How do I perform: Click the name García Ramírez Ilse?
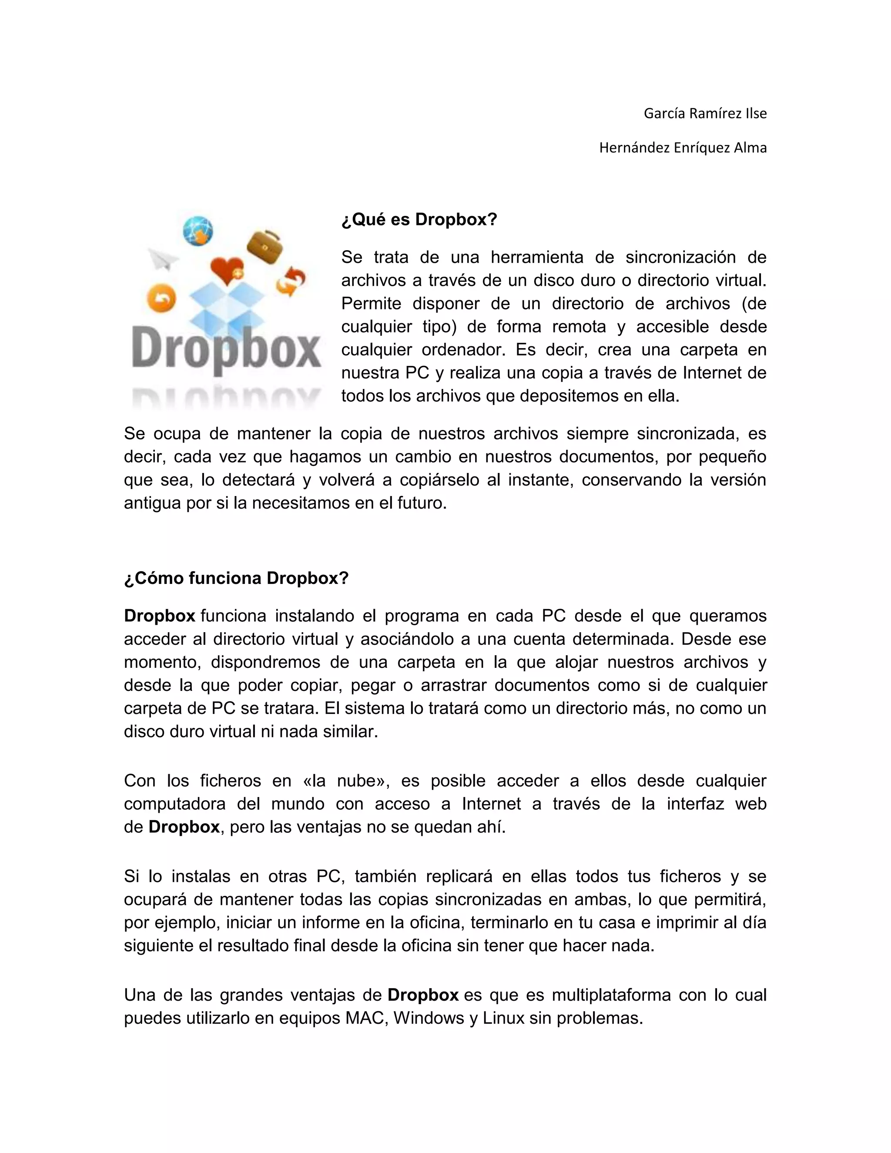point(705,114)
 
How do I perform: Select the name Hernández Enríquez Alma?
point(683,148)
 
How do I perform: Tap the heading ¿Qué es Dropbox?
point(419,219)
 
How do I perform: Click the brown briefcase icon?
point(265,247)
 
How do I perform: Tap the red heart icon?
point(227,270)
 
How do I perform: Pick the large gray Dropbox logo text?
point(226,350)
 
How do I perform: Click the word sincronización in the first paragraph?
point(678,257)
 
